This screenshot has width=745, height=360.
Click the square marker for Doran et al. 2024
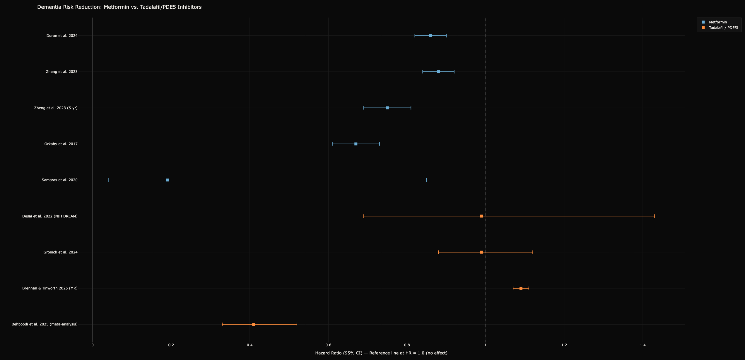pyautogui.click(x=430, y=36)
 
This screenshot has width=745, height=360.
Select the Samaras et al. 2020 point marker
pyautogui.click(x=167, y=180)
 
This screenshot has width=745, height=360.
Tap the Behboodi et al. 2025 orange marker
pyautogui.click(x=254, y=324)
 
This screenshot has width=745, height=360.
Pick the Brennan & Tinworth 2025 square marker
pyautogui.click(x=521, y=288)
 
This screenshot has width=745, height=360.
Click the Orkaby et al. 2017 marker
pyautogui.click(x=356, y=144)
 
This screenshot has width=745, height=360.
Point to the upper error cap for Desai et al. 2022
pyautogui.click(x=655, y=216)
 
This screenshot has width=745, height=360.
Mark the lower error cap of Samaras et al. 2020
pyautogui.click(x=108, y=180)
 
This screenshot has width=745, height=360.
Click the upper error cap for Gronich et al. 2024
pyautogui.click(x=533, y=252)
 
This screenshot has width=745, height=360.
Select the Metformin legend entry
pyautogui.click(x=718, y=22)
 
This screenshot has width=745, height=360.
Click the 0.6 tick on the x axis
pyautogui.click(x=328, y=345)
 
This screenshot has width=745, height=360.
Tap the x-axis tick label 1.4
pyautogui.click(x=643, y=345)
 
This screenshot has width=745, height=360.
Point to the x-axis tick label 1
pyautogui.click(x=486, y=345)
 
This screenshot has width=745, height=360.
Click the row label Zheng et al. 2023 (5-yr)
pyautogui.click(x=56, y=108)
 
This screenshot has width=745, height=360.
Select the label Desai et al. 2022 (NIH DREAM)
pyautogui.click(x=50, y=216)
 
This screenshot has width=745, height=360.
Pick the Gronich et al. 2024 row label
pyautogui.click(x=60, y=252)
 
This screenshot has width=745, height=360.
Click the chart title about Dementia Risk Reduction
pyautogui.click(x=119, y=7)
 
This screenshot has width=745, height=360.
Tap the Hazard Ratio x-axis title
pyautogui.click(x=381, y=353)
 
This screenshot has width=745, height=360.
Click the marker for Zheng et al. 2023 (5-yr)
pyautogui.click(x=387, y=108)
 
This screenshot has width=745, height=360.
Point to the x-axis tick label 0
pyautogui.click(x=93, y=345)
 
